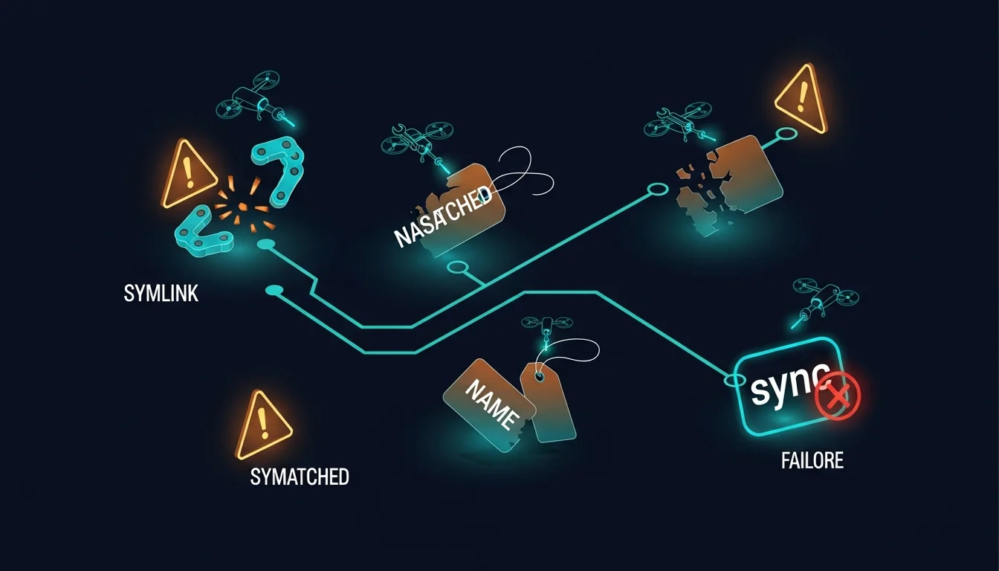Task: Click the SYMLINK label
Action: [161, 294]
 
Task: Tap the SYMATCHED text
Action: [300, 477]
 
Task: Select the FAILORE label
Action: [812, 461]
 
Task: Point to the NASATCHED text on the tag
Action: [443, 216]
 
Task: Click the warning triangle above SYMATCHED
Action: [262, 426]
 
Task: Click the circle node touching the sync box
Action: [734, 380]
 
